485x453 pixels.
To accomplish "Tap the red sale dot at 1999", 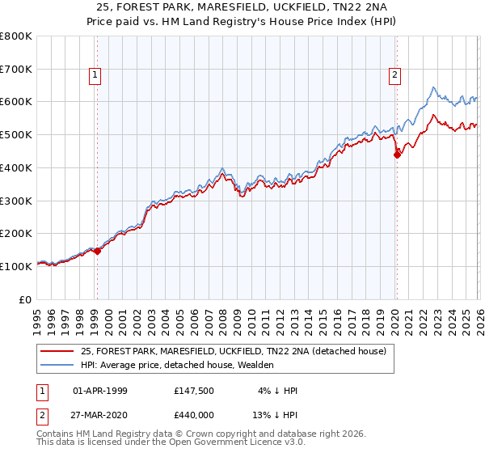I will coord(97,251).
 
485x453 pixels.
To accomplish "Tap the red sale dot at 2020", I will coord(397,155).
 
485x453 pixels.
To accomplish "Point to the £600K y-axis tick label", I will coord(16,102).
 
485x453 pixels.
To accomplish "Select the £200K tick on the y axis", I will coord(16,233).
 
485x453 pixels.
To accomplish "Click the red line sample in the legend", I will coord(57,351).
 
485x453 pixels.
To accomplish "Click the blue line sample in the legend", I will coord(57,365).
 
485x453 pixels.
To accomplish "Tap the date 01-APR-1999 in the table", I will coord(100,391).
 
